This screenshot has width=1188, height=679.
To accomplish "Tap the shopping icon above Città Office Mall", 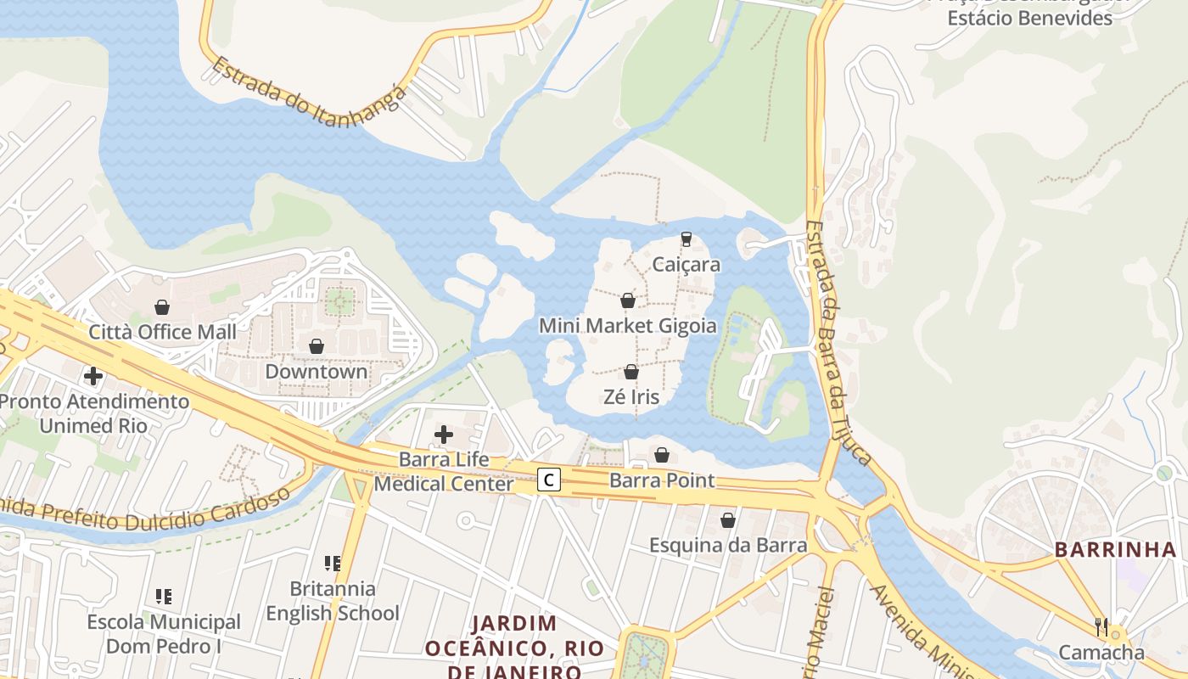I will pos(162,307).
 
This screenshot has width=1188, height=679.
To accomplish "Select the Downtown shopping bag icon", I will pos(317,346).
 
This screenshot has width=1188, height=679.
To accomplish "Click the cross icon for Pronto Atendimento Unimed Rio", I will pos(93,376).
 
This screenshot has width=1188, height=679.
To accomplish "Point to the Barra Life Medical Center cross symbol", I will pos(443,435).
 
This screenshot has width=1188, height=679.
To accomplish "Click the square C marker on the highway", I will pos(549,480).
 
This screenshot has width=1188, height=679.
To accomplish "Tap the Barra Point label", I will pos(662,480).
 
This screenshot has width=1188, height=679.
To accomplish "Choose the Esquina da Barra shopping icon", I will pos(727,520).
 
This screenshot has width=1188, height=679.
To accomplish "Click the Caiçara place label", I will pos(686,264).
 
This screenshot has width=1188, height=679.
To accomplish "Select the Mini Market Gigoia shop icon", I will pos(628,300).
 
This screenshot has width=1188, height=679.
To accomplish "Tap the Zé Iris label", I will pos(630,396).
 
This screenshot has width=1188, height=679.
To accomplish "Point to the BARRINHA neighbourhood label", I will pos(1115,549).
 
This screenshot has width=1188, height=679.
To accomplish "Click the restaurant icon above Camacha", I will pos(1101,626).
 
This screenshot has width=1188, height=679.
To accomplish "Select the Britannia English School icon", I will pos(333,563).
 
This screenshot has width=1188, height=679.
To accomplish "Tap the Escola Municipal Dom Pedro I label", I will pos(164,634).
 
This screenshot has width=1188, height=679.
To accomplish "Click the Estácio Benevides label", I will pos(1029,17).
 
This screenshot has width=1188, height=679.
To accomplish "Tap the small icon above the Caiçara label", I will pos(686,239).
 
